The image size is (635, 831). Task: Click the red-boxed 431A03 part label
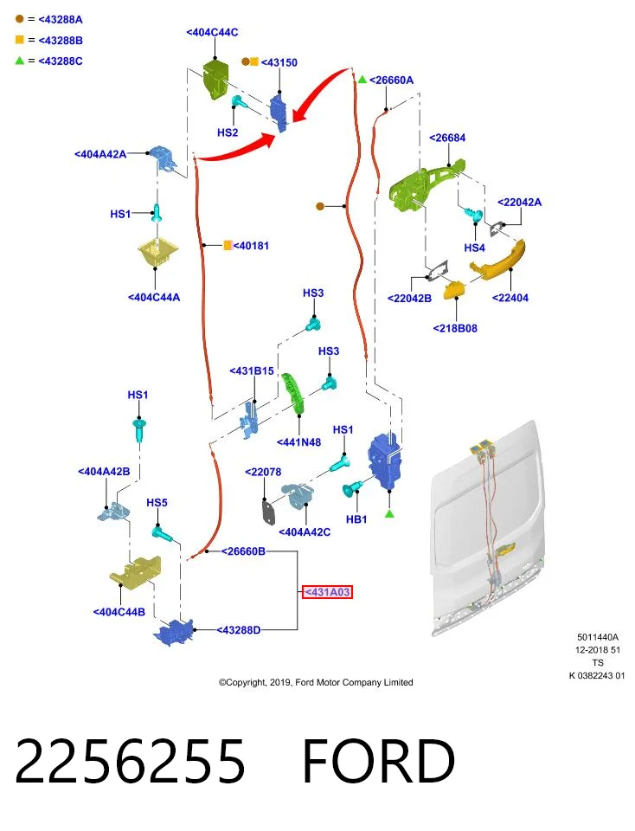coord(327,592)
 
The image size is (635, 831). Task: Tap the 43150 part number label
coord(279,62)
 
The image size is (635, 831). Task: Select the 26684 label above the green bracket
coord(447,138)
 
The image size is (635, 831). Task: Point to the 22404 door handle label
coord(510,298)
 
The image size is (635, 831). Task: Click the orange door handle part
coord(497,259)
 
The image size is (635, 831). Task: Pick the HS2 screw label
coord(228,132)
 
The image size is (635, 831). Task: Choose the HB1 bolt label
coord(356,519)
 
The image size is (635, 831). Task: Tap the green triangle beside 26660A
coord(362,80)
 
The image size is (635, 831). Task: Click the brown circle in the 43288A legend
coord(20,19)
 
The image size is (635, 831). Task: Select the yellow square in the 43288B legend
coord(20,40)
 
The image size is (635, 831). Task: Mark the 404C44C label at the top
coord(212,32)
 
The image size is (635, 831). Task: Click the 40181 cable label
coord(251,246)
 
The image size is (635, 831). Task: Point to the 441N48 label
coord(298,442)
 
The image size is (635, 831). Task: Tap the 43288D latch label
coord(238,630)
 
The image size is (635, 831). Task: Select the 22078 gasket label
coord(263,472)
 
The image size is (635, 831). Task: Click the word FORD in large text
coord(378,761)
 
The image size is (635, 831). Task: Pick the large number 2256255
coord(131,761)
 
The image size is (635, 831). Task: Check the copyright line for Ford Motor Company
coord(316,683)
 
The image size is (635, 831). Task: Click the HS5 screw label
coord(157,502)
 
